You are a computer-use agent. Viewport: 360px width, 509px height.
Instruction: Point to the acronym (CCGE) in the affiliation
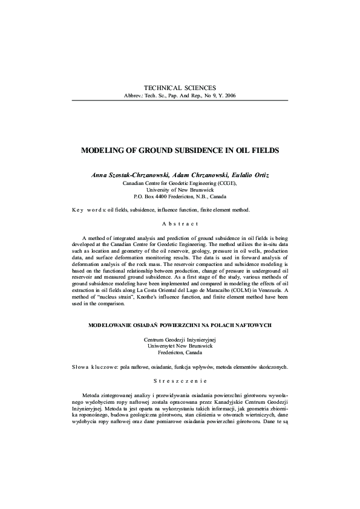point(224,182)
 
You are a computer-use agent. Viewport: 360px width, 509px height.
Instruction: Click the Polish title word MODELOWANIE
point(110,325)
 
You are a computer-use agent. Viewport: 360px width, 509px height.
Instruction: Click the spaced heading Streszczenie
point(179,381)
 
